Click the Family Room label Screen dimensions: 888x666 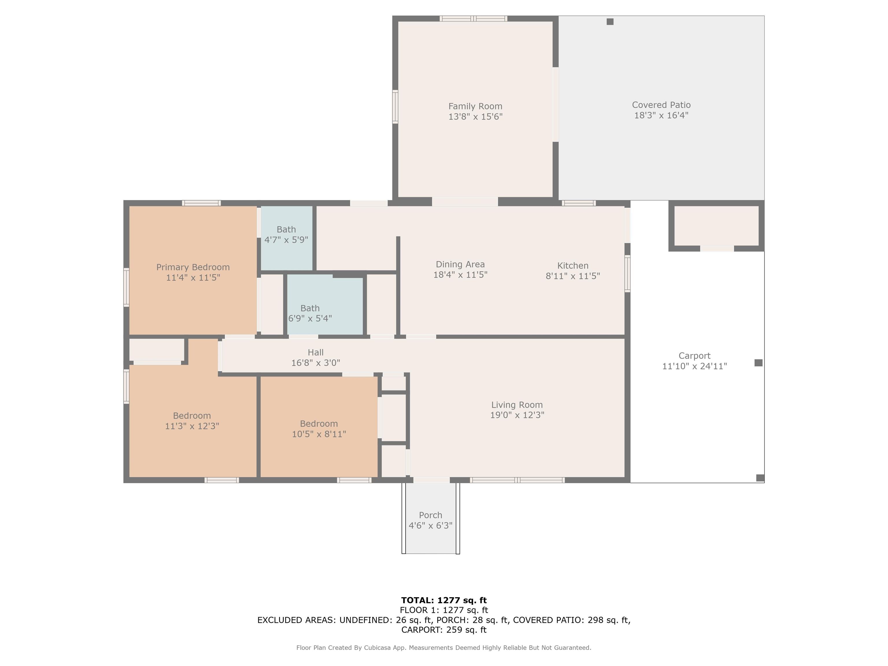point(475,106)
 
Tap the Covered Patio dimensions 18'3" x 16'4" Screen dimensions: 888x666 point(661,116)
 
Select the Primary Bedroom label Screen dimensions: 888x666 point(193,267)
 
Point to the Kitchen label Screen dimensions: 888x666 point(573,266)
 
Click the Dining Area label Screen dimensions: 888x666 point(460,264)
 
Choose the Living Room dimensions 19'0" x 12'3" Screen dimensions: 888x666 point(517,415)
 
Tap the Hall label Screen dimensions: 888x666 point(316,352)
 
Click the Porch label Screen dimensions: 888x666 point(431,515)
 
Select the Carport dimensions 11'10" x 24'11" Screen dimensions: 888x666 point(695,366)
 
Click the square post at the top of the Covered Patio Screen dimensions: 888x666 point(610,22)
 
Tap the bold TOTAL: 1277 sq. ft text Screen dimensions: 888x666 point(444,600)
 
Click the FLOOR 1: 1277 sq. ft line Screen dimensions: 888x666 point(444,610)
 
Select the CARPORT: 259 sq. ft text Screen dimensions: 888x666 point(444,630)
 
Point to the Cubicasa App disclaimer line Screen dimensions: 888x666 point(444,647)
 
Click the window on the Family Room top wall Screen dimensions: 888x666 point(473,18)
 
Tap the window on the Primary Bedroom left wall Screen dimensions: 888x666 point(126,287)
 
